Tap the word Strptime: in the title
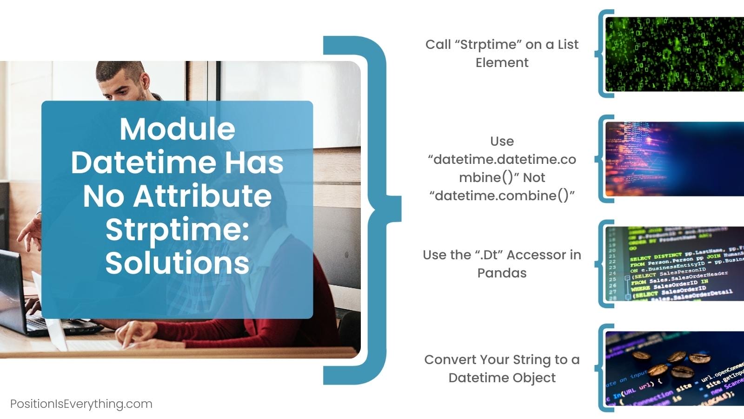pyautogui.click(x=177, y=229)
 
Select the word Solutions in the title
pyautogui.click(x=177, y=263)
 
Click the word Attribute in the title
pyautogui.click(x=202, y=196)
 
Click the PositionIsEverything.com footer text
pyautogui.click(x=81, y=404)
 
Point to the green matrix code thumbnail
pyautogui.click(x=674, y=54)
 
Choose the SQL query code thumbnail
pyautogui.click(x=674, y=264)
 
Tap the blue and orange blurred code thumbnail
pyautogui.click(x=674, y=159)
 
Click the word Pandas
pyautogui.click(x=502, y=273)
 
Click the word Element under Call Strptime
pyautogui.click(x=502, y=62)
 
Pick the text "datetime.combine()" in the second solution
pyautogui.click(x=502, y=195)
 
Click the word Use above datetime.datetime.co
pyautogui.click(x=502, y=141)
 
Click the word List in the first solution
pyautogui.click(x=568, y=44)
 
